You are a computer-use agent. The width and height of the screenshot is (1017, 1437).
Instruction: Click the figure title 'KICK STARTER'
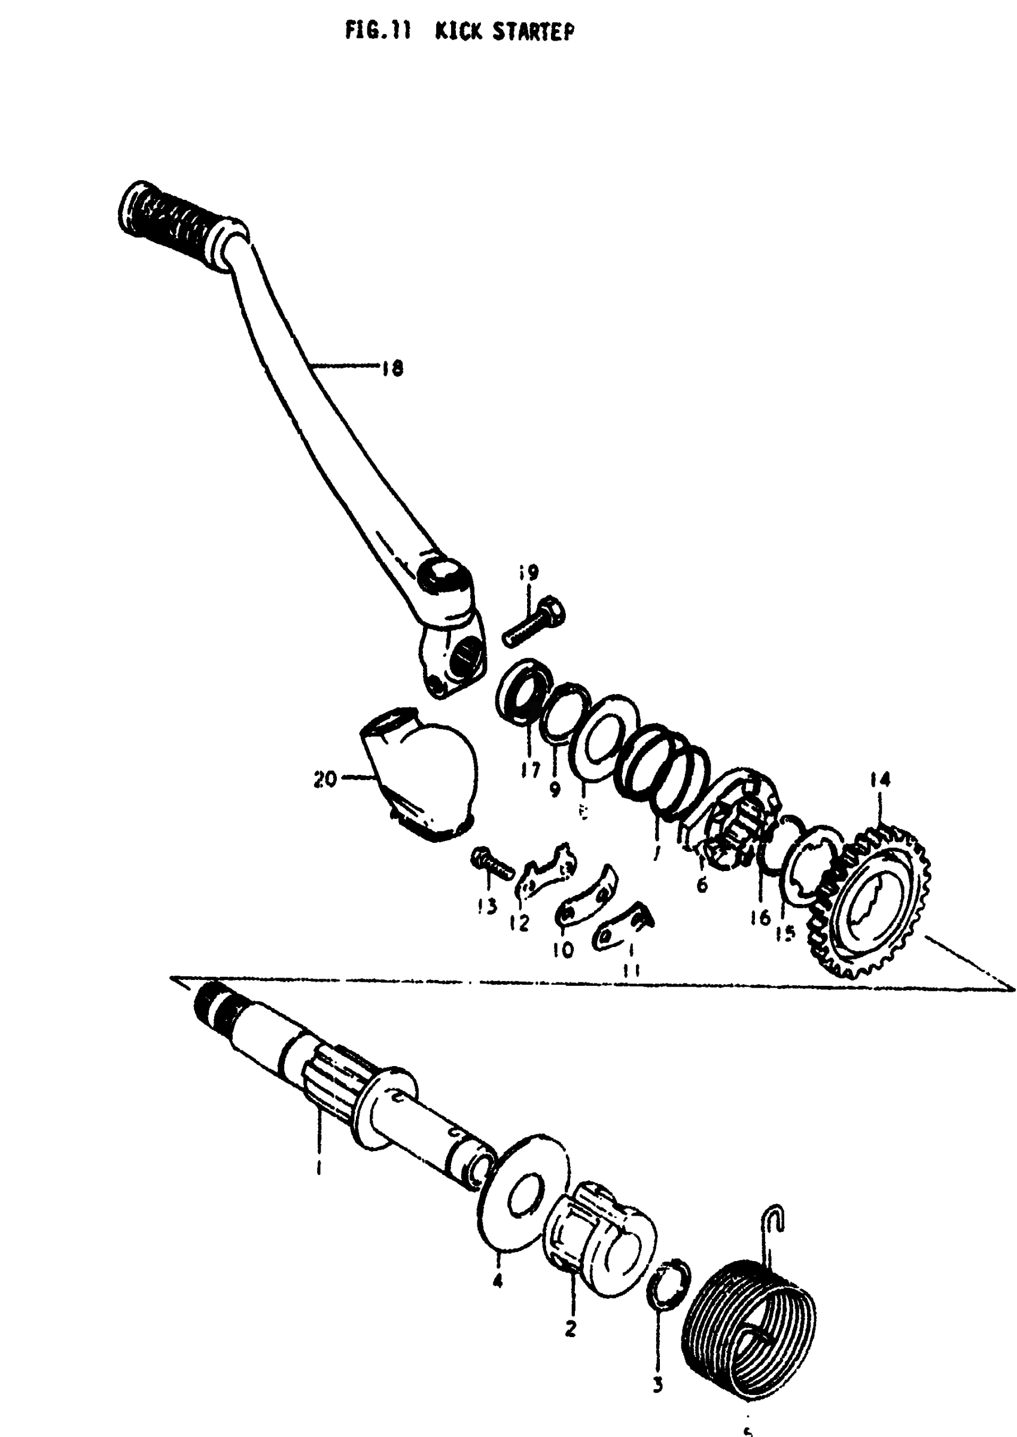[504, 31]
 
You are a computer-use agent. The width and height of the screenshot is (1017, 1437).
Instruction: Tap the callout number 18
[392, 367]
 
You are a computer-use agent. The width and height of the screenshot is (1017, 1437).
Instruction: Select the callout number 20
[325, 779]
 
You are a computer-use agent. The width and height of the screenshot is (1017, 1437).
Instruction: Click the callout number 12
[519, 923]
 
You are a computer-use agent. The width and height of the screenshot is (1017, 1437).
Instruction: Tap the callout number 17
[530, 769]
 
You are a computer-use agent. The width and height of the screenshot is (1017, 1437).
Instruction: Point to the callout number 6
[702, 885]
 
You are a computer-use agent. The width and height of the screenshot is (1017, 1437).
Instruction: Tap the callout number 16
[760, 918]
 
